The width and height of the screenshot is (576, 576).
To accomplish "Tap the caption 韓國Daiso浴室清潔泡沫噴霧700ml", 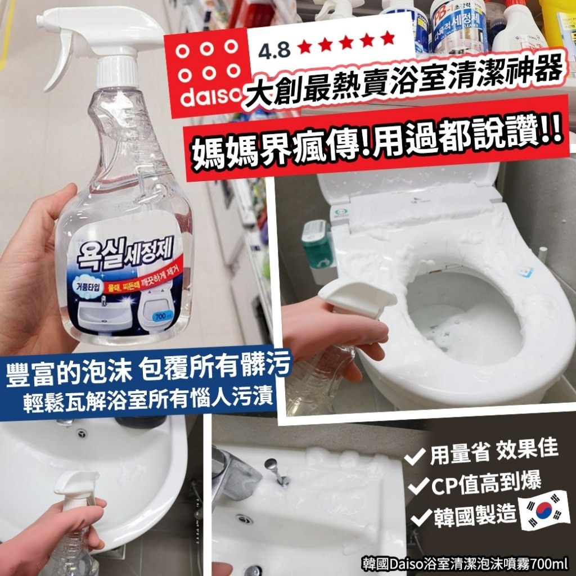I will click(465, 561).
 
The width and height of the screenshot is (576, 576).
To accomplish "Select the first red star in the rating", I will click(305, 43).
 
